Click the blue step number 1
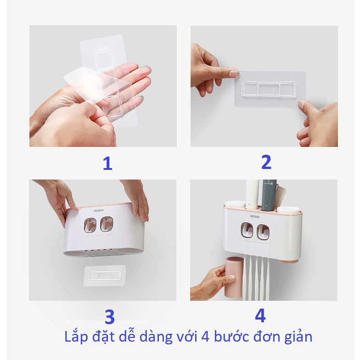pos(107,163)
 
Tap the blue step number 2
pos(266,162)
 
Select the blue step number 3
pos(110,317)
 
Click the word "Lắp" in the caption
pos(76,337)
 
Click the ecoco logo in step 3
pos(99,210)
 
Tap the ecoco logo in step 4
pos(255,217)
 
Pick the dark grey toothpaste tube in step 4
pos(269,195)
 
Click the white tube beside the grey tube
pos(253,194)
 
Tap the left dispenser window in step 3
pos(88,225)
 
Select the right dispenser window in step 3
pos(107,224)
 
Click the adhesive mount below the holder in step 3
pos(105,276)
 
